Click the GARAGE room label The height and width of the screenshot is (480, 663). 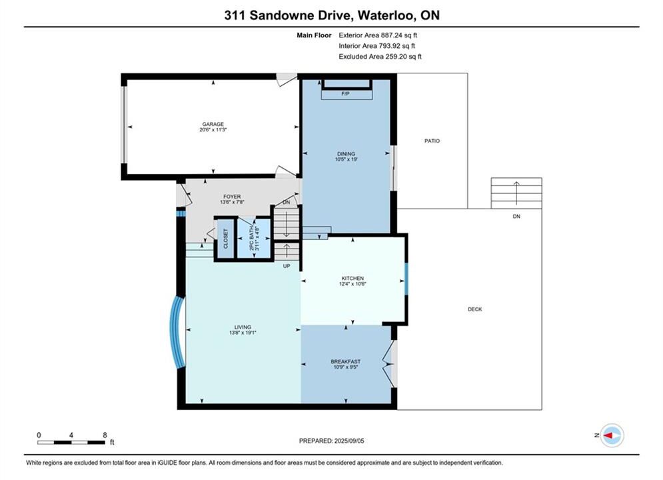[x=213, y=124]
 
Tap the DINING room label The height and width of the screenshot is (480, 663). [x=346, y=154]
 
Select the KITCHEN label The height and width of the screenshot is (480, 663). [x=352, y=278]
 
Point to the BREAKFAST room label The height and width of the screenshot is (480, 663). [x=345, y=361]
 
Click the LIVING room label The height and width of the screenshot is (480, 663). [x=243, y=327]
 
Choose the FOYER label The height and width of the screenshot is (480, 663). [x=232, y=197]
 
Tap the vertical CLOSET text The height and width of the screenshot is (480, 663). [x=225, y=239]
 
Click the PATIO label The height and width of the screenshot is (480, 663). [x=432, y=141]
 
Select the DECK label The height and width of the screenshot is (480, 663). [x=475, y=309]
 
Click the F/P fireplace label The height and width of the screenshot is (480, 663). [x=345, y=93]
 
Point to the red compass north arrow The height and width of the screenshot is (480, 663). [x=608, y=435]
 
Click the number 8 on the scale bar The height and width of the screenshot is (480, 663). [x=105, y=435]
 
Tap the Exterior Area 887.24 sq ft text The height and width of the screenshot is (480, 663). [x=378, y=35]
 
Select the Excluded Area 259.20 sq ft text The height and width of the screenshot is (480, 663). [x=380, y=56]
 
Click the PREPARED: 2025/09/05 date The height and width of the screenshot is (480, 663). [x=332, y=441]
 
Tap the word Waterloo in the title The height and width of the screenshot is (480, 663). [x=386, y=15]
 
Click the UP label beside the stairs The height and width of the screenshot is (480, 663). [x=287, y=266]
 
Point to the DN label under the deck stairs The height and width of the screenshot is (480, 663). [x=516, y=216]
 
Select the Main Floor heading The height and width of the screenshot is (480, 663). [x=314, y=35]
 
